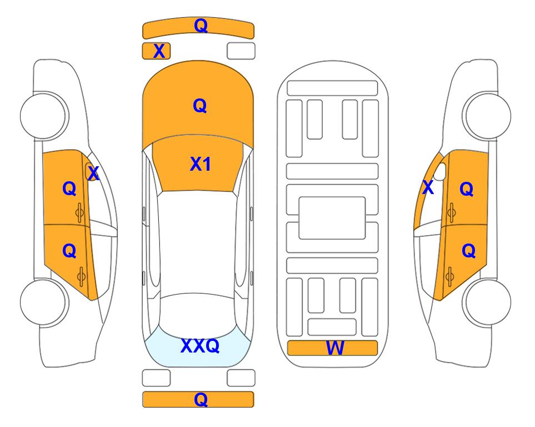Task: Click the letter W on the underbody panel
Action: click(335, 348)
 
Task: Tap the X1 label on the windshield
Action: click(201, 164)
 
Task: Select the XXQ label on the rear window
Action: click(200, 346)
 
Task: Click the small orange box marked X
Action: click(156, 51)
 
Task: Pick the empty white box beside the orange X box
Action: click(241, 51)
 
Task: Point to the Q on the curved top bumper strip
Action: click(201, 26)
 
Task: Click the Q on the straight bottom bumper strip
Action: click(201, 399)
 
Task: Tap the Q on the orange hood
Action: click(199, 106)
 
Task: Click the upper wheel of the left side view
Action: click(43, 116)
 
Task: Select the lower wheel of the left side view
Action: click(43, 302)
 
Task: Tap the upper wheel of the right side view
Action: click(488, 116)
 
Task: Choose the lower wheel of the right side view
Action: click(488, 302)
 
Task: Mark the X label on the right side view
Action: click(428, 187)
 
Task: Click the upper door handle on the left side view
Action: click(80, 212)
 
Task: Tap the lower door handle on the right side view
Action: click(450, 276)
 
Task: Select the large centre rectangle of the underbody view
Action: click(332, 218)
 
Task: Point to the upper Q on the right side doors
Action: click(467, 189)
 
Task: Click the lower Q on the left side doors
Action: click(69, 251)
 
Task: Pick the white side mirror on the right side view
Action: click(440, 171)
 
